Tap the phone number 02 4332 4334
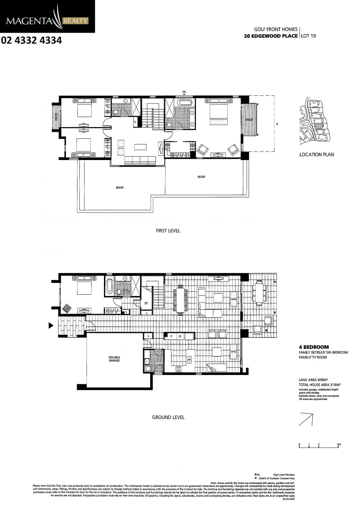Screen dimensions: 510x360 click(32, 41)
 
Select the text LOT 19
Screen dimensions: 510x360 click(309, 36)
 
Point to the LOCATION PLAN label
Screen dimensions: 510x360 click(317, 155)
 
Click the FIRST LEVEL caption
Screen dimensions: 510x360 click(168, 231)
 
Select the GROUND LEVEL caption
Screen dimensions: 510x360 click(168, 417)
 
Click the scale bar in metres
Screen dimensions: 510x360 click(319, 445)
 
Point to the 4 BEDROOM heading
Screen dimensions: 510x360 click(314, 347)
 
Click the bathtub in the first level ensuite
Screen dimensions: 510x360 click(183, 102)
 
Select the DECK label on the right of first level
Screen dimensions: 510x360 click(249, 120)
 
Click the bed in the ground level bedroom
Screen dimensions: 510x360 click(83, 286)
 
